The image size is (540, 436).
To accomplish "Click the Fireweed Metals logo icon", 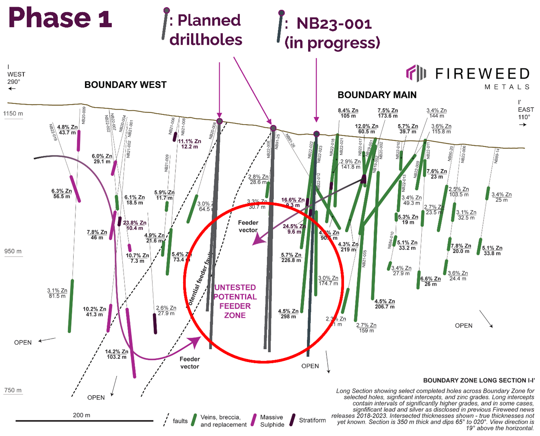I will coord(416,73).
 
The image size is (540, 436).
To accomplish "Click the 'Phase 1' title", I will coord(60,18).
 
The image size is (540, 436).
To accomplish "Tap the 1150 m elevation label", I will coord(13,114).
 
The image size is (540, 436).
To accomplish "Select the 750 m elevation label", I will coord(13,390).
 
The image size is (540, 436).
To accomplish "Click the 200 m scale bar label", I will coord(82,415).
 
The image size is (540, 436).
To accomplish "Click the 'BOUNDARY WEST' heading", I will coord(125,85).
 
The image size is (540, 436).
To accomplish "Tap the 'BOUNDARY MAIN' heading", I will coord(377,95).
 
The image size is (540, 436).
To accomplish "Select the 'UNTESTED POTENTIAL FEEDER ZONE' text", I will coord(235,301).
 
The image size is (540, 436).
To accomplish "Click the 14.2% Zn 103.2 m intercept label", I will coord(117,354).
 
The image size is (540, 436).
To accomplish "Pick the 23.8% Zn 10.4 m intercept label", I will coord(135,225).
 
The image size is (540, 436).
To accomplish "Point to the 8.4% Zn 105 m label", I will coord(348,113).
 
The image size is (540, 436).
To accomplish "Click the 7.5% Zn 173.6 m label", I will coord(387,113).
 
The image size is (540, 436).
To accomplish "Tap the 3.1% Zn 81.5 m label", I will coord(57,293).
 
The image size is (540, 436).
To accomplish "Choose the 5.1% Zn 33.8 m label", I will coord(492,251).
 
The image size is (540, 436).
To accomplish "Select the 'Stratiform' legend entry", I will coord(312,420).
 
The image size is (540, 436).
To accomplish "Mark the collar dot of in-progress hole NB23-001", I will coord(316,134).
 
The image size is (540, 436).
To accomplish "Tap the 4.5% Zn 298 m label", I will coord(288,314).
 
